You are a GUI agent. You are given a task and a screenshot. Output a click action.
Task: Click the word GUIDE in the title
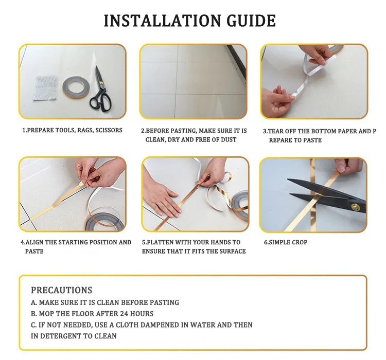[251, 21]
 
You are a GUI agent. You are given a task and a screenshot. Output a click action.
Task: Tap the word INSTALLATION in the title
[163, 21]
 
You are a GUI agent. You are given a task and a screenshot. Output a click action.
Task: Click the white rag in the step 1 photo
[45, 88]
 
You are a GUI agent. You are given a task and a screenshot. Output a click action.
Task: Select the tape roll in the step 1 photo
[74, 87]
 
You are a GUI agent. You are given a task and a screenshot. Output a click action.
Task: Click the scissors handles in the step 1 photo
[101, 101]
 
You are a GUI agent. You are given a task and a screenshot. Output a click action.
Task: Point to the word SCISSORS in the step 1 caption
[109, 130]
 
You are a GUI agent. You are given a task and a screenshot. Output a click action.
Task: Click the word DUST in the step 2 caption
[229, 140]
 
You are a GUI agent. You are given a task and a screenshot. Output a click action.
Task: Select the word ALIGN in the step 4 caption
[34, 242]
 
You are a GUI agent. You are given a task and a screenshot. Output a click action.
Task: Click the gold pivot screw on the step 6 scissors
[355, 207]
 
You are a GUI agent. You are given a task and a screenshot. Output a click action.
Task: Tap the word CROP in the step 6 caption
[300, 242]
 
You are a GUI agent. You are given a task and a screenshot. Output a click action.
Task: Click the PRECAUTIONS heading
[62, 290]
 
